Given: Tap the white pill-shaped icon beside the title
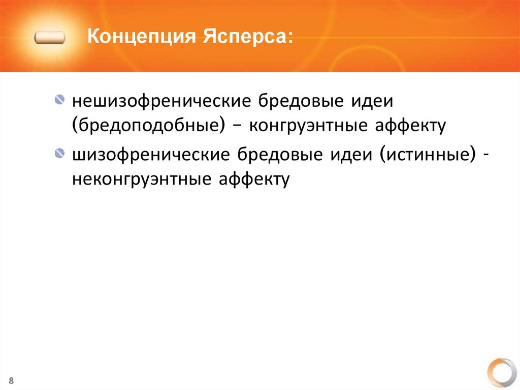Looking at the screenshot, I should (x=50, y=38).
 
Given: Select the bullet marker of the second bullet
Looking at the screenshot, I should (x=60, y=153).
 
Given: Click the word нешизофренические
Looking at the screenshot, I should (x=162, y=101).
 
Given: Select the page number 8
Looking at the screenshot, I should (x=11, y=381).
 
